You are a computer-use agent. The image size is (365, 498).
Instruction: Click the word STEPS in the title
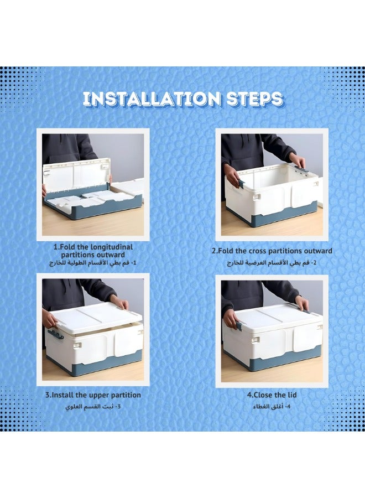click(x=254, y=99)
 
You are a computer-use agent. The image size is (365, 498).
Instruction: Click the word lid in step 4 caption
click(x=291, y=395)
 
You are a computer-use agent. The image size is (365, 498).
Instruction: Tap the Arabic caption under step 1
click(x=93, y=263)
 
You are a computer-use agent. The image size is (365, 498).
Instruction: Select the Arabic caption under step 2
click(x=272, y=263)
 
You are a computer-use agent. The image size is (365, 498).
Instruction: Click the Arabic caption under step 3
click(x=93, y=407)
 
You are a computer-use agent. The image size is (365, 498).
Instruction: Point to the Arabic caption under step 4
click(x=272, y=407)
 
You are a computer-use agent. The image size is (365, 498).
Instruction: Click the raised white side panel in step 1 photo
click(x=77, y=179)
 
